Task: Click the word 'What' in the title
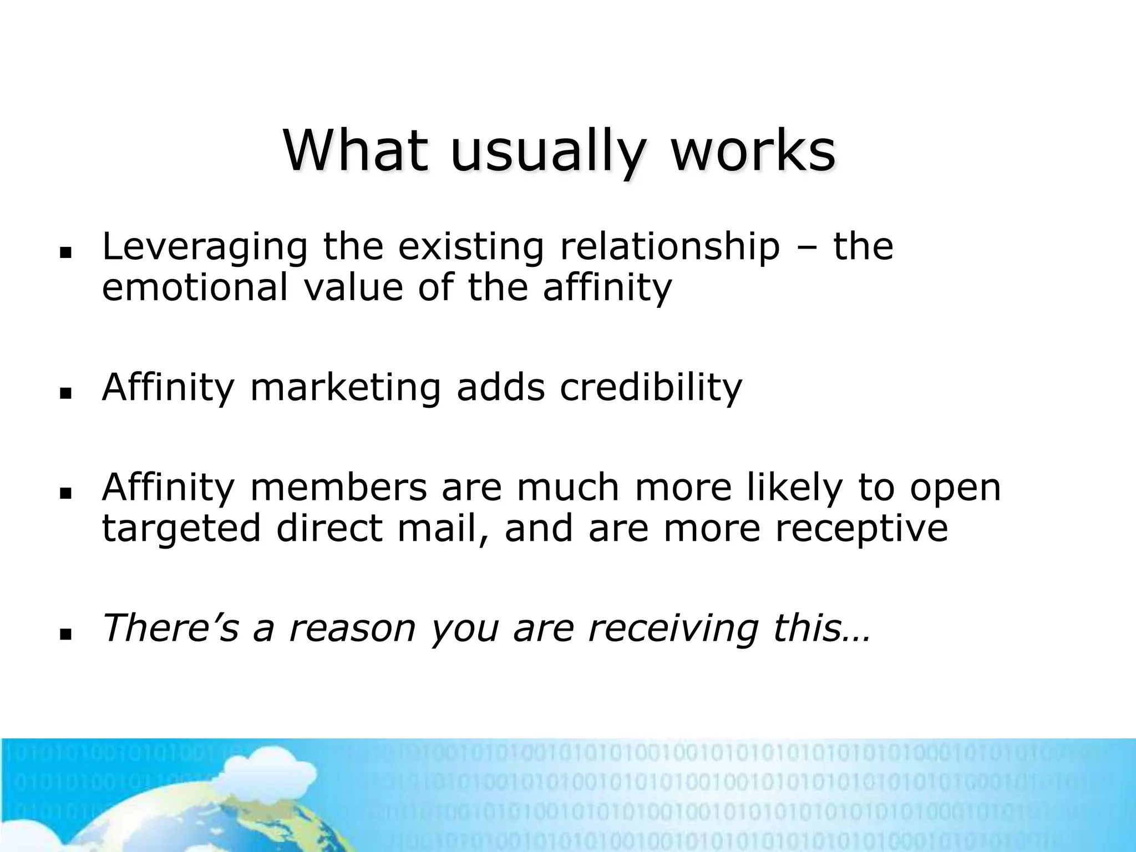[356, 150]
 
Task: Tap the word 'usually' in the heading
[548, 153]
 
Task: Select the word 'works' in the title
[753, 150]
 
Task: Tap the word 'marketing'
[346, 388]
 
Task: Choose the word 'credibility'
[651, 388]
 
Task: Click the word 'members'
[339, 488]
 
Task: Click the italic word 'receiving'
[673, 630]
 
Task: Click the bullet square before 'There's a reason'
[67, 632]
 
